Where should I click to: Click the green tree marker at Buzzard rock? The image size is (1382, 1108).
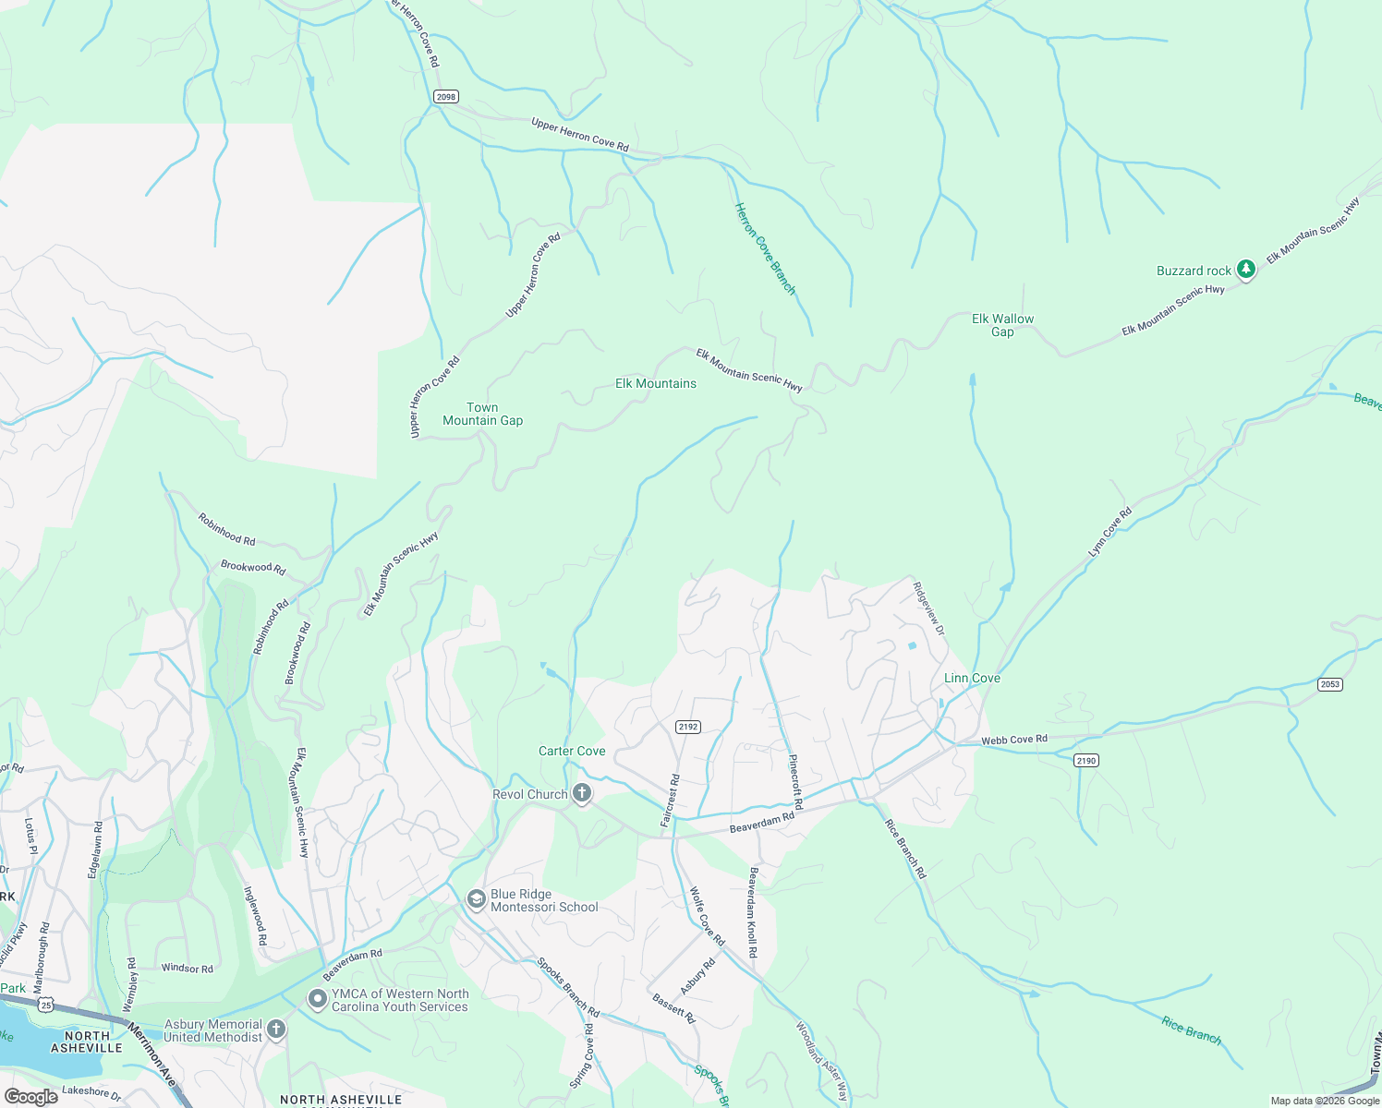(x=1246, y=269)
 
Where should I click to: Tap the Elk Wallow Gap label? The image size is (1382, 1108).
(x=1002, y=325)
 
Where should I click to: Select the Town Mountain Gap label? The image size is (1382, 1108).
(x=482, y=414)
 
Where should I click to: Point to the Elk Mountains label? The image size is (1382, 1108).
(x=656, y=383)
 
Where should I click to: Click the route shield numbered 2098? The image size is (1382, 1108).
(x=446, y=97)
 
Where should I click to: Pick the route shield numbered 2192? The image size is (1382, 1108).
(x=688, y=727)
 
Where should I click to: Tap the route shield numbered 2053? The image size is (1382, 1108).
(x=1329, y=684)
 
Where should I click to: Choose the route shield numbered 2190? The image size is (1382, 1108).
(x=1085, y=761)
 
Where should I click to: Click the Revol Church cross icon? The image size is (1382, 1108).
(x=582, y=793)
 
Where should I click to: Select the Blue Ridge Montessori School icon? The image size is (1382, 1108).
(x=476, y=899)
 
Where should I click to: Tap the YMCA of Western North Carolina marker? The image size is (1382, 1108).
(x=318, y=999)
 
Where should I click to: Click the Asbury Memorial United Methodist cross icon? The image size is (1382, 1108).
(x=276, y=1030)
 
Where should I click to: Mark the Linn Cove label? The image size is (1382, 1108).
(x=972, y=678)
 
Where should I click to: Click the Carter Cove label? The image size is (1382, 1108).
(x=572, y=751)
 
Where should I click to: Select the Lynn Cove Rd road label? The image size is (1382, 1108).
(x=1109, y=533)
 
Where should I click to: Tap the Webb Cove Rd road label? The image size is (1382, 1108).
(x=1014, y=739)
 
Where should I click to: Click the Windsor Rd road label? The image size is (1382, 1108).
(x=187, y=969)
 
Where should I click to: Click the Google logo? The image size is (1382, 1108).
(x=30, y=1097)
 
